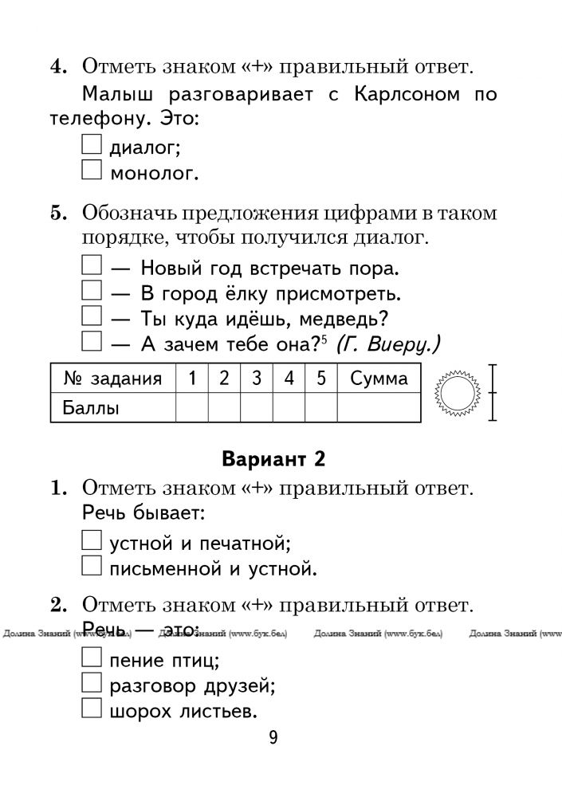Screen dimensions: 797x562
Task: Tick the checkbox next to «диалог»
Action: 92,144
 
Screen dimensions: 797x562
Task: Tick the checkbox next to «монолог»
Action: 92,169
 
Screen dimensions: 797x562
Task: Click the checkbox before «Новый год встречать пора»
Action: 92,266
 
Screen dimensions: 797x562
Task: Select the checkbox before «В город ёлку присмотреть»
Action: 92,292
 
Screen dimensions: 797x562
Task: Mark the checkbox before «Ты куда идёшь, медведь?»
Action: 92,317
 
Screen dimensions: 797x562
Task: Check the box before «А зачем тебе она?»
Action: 92,343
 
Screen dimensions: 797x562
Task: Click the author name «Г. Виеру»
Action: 388,344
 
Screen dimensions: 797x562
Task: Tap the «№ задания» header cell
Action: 112,379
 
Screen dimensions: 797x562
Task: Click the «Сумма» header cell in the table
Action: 379,379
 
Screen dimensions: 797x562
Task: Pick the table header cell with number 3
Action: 257,379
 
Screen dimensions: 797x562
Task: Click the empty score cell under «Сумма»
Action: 379,408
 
